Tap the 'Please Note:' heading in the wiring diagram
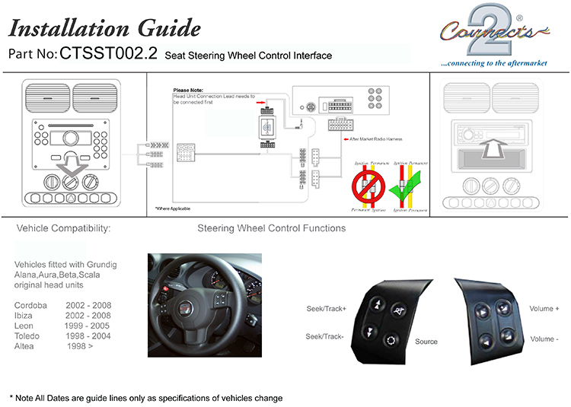187,91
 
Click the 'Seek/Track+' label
326,309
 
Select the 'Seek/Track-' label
325,336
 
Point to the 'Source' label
426,342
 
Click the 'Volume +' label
544,309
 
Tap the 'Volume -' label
544,339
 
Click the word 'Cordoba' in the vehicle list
31,305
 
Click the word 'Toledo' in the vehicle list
28,335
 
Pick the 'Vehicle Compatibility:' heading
63,228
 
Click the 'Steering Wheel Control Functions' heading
271,228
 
